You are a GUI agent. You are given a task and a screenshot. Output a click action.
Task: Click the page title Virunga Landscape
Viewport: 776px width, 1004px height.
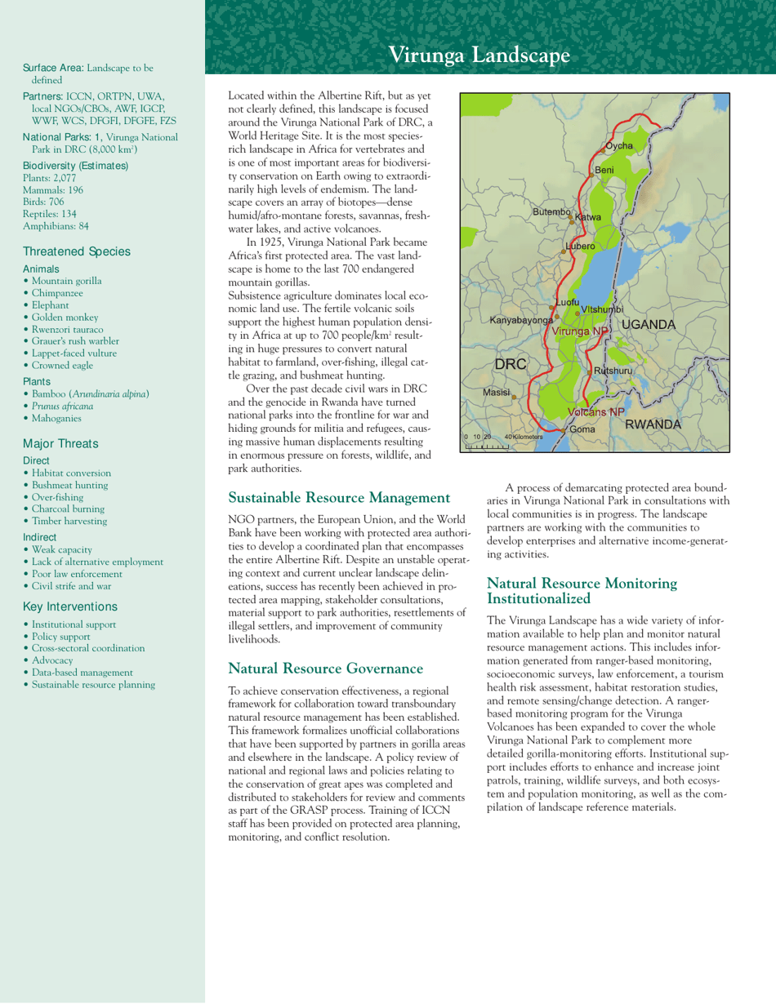pos(479,55)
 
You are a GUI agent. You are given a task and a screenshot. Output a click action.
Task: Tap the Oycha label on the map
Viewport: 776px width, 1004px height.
pos(619,145)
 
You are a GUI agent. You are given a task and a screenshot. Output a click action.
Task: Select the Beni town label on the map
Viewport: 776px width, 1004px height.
pos(604,169)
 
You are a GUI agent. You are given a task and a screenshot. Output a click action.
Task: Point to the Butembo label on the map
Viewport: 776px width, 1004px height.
pos(551,211)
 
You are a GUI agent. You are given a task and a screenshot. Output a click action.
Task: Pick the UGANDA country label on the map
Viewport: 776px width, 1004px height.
pos(649,325)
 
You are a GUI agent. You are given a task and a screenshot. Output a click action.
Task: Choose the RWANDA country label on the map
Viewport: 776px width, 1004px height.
pos(653,424)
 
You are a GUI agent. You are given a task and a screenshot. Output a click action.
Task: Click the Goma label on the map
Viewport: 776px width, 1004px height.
pos(582,429)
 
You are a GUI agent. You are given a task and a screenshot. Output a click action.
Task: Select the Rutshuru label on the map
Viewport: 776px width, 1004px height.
pos(613,371)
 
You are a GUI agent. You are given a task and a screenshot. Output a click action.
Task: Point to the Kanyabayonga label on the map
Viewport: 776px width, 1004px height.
pos(521,320)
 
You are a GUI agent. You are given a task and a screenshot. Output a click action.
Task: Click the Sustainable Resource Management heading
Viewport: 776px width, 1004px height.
pos(339,496)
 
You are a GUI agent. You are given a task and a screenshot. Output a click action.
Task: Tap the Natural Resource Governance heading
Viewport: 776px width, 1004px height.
pos(325,669)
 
